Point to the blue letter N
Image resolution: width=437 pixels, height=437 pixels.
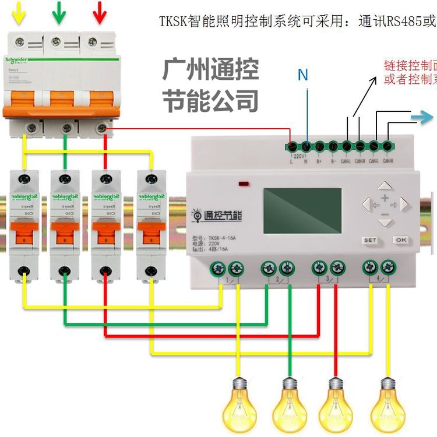click(302, 75)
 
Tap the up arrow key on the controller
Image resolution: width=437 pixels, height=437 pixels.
click(385, 186)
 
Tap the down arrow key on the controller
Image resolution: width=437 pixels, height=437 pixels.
click(385, 222)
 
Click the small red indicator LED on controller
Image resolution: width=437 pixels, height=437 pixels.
click(244, 184)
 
